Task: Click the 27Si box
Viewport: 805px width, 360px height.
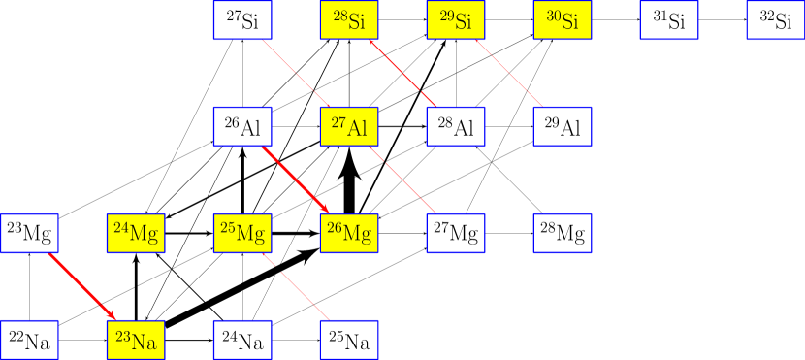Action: pos(242,20)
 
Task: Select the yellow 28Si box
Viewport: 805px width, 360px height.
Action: pos(349,20)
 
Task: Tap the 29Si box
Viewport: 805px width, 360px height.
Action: pos(456,20)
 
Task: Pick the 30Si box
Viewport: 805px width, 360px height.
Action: pos(563,20)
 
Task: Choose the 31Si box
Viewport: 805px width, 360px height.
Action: pos(669,20)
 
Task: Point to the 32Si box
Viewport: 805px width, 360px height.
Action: pos(775,20)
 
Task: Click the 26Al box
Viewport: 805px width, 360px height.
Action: pos(242,126)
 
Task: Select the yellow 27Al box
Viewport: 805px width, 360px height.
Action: pos(349,126)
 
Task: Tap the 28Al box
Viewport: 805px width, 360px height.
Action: pos(456,126)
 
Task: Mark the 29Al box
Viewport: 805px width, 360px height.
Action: pos(563,126)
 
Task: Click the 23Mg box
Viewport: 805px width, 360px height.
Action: pos(29,233)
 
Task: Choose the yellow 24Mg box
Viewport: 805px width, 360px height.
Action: pos(136,233)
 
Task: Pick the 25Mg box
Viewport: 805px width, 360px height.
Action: pos(242,233)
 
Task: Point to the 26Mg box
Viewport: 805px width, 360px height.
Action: pos(349,233)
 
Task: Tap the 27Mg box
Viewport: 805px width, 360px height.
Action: pos(456,233)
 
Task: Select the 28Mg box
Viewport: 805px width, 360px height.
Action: pos(563,233)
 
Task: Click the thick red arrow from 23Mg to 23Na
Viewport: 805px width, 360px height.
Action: pos(82,286)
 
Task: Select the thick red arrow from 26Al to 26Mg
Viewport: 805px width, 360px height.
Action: pos(296,180)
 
